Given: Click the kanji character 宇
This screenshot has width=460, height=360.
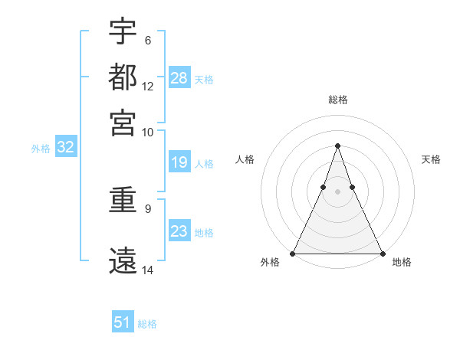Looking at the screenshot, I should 123,32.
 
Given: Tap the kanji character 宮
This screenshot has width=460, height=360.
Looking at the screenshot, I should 123,122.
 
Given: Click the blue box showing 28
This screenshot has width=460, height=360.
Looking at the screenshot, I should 179,78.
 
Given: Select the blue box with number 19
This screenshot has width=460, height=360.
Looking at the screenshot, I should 179,162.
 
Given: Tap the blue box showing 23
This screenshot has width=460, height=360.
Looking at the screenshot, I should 179,231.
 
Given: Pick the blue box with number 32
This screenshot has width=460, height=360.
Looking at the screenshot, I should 65,148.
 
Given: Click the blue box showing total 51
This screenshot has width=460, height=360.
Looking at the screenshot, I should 123,322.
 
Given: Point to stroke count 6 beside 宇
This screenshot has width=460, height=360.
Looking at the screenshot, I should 147,40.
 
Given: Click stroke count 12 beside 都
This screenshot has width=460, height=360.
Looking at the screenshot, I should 148,86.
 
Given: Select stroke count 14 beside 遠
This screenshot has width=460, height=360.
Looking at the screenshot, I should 148,270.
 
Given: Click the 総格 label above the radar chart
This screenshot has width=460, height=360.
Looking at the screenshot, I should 337,100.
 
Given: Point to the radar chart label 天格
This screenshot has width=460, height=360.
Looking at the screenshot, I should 432,159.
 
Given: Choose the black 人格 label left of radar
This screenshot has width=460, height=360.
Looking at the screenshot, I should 245,159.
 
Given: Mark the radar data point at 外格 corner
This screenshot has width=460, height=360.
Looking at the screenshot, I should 293,253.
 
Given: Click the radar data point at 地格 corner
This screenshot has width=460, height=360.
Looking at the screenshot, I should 382,253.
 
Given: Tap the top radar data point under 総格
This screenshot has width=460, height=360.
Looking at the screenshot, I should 337,146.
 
